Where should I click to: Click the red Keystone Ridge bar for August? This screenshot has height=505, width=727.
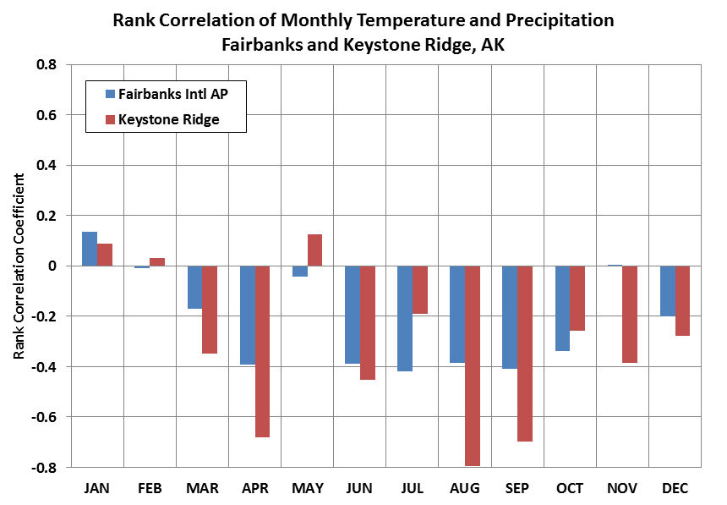(x=473, y=365)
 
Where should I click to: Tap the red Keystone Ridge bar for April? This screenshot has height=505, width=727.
(x=262, y=351)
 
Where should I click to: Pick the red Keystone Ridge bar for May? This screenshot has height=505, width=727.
(x=314, y=250)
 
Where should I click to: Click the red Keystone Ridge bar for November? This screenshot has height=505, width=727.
(x=630, y=315)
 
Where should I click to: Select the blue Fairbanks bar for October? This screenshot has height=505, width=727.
(x=562, y=308)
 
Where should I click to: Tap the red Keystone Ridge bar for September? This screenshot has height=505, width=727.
(x=525, y=354)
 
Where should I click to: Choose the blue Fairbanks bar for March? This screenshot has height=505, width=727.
(x=194, y=288)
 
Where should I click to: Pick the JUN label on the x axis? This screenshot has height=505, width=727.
(x=358, y=488)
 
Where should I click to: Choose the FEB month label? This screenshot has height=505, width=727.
(x=150, y=488)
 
